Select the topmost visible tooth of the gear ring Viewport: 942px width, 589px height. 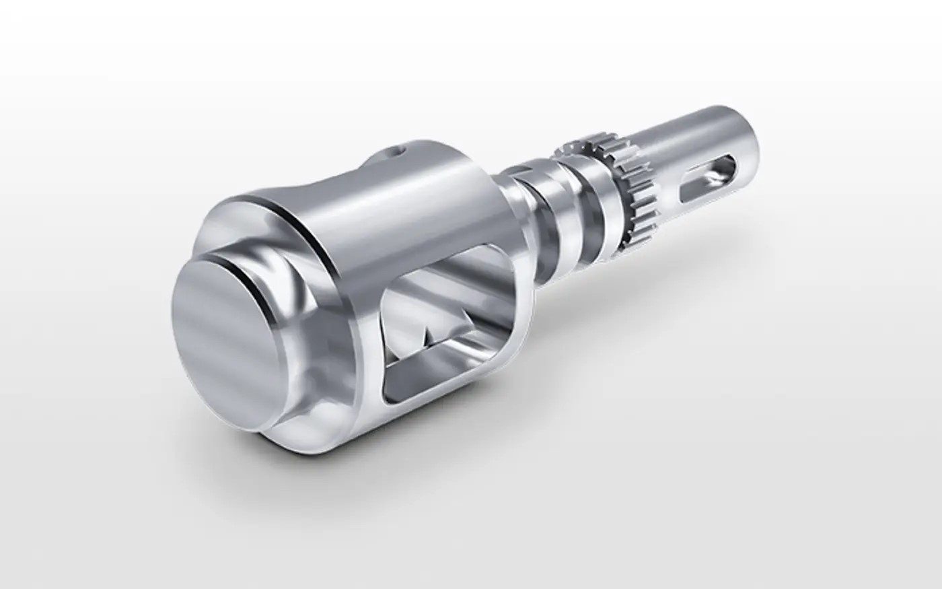(x=572, y=143)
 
